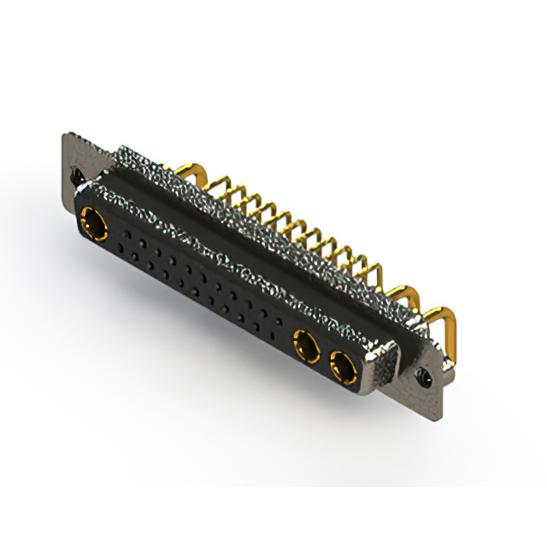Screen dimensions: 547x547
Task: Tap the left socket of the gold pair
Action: tap(304, 347)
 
